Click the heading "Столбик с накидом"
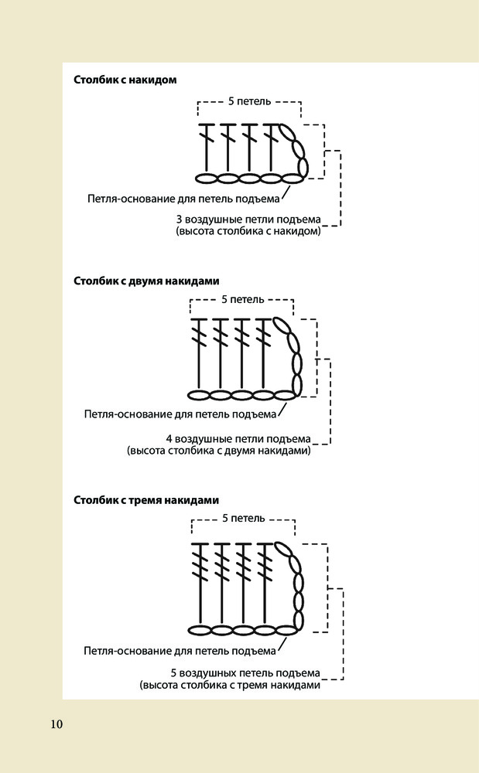click(125, 80)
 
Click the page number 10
click(56, 724)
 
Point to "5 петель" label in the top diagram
click(248, 101)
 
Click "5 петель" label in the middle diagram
click(242, 299)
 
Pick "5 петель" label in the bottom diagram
click(243, 518)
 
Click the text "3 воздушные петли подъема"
click(248, 219)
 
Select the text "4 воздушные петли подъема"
click(238, 438)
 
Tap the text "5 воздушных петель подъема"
click(245, 673)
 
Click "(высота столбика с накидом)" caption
click(248, 231)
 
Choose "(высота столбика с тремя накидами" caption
click(230, 685)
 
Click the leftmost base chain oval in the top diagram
click(206, 179)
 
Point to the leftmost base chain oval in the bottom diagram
click(200, 630)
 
